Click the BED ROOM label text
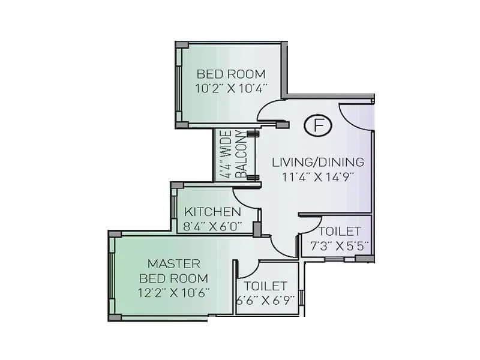point(231,74)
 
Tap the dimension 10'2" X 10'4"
point(231,88)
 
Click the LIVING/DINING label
point(318,162)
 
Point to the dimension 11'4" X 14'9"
point(318,176)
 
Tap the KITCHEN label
point(212,212)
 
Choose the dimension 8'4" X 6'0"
point(212,226)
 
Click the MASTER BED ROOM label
point(173,271)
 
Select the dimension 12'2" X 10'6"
point(173,293)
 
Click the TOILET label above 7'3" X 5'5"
point(340,232)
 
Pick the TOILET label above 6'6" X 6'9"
point(266,286)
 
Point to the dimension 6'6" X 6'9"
point(266,301)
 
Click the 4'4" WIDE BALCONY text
point(233,155)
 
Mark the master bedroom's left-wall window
point(112,275)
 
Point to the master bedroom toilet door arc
point(249,269)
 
